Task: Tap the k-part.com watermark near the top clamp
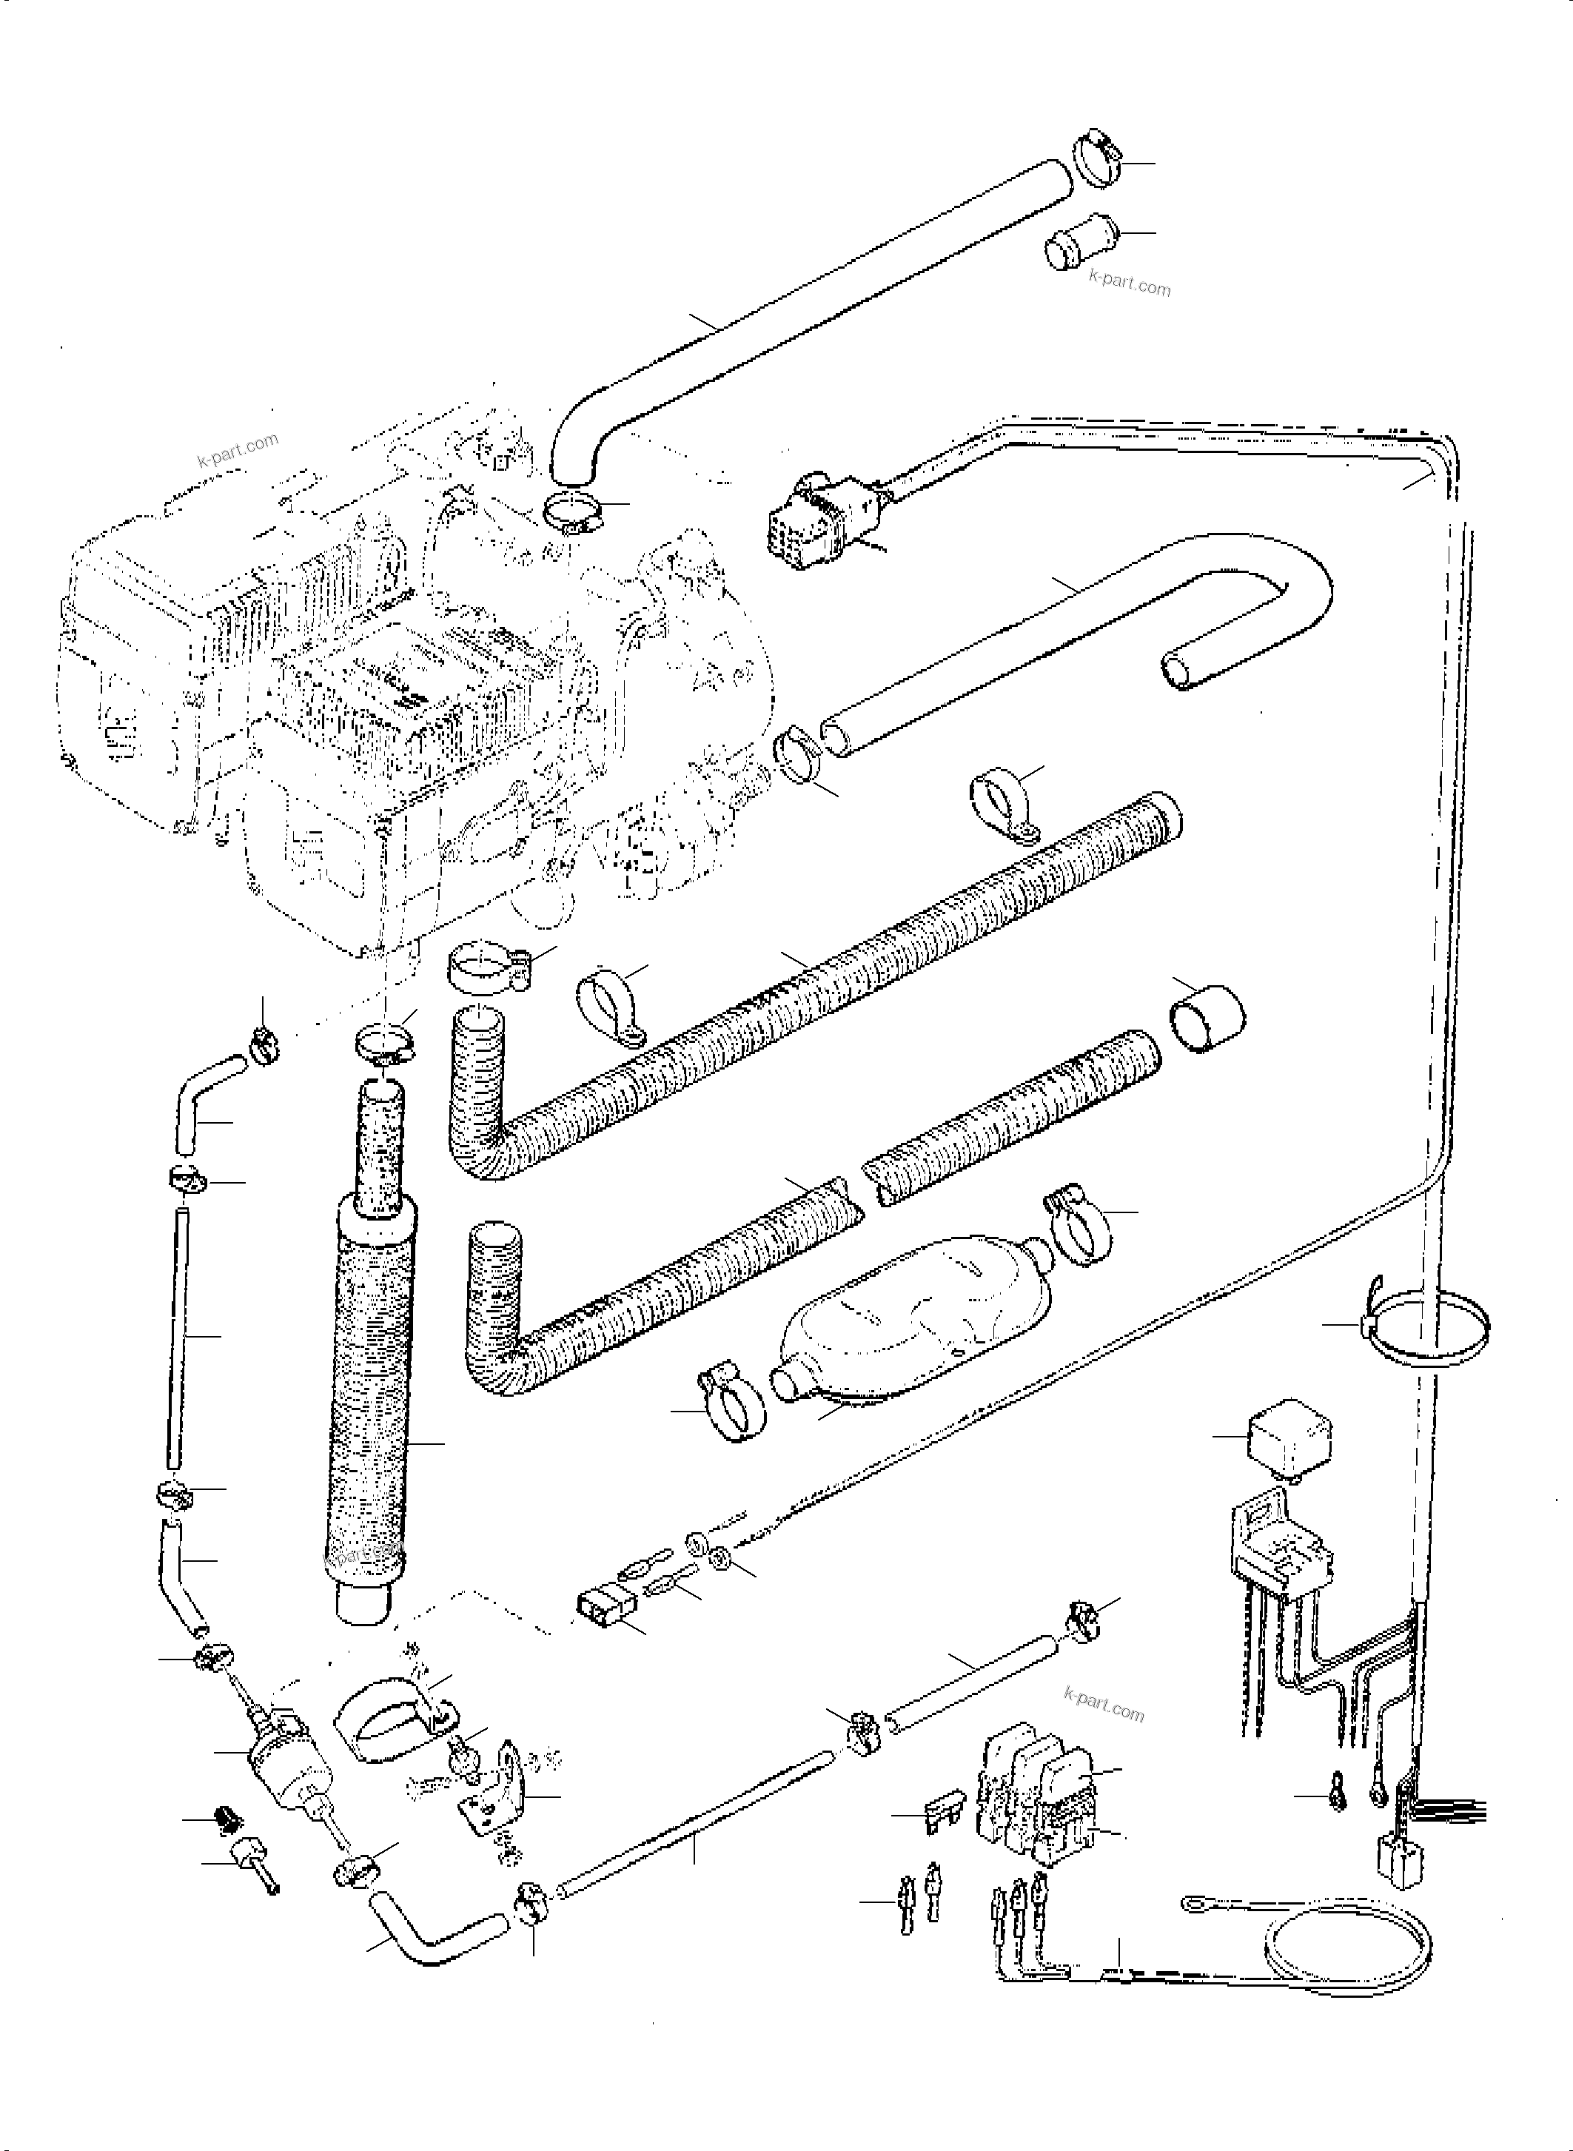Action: click(x=1130, y=282)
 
